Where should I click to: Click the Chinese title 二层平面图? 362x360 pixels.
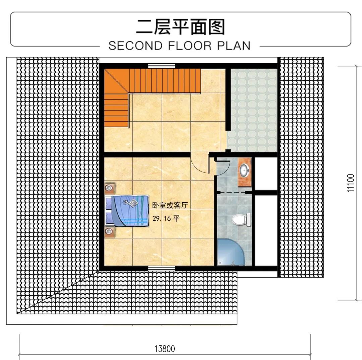click(x=180, y=27)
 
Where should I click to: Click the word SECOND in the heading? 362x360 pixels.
click(x=135, y=46)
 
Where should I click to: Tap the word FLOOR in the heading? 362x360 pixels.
click(x=189, y=46)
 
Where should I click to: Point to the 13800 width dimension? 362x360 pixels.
click(x=165, y=349)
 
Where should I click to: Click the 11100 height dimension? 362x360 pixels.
click(x=350, y=183)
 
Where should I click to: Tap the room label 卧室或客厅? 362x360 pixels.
click(x=170, y=205)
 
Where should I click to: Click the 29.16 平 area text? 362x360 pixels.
click(x=166, y=218)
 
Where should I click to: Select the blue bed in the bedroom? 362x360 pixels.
click(x=126, y=211)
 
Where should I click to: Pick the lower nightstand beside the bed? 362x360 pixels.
click(x=110, y=232)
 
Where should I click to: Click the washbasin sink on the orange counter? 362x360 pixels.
click(x=244, y=171)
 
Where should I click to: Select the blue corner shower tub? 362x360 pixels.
click(x=231, y=252)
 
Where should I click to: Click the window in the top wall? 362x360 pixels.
click(x=162, y=66)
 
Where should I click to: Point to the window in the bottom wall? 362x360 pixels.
click(x=162, y=269)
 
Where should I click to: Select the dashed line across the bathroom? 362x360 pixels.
click(x=232, y=192)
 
